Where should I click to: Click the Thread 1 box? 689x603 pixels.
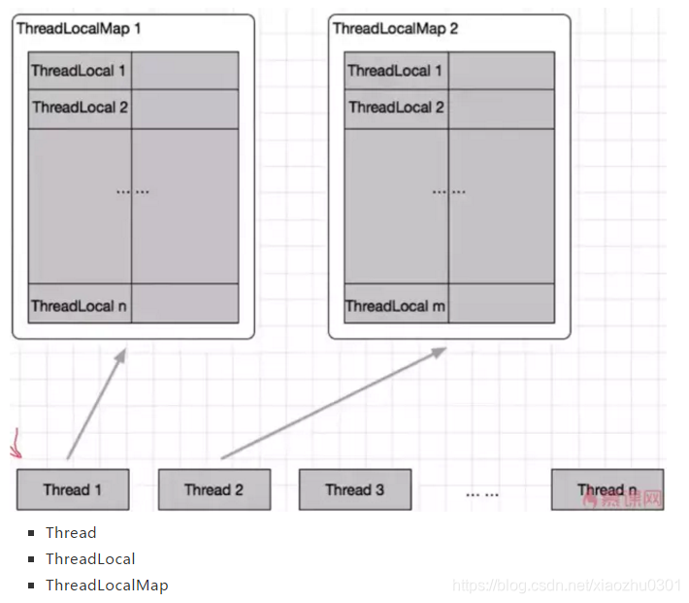73,489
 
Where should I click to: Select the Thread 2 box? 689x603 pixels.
213,489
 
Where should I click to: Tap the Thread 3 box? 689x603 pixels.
354,489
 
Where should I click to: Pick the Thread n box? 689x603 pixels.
607,489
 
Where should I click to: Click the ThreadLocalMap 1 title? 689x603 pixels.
79,28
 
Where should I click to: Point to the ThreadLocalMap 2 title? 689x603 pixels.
395,28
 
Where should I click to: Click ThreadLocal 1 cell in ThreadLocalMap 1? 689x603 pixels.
80,71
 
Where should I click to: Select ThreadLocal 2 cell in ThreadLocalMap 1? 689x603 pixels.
80,108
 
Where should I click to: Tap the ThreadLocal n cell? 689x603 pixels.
80,306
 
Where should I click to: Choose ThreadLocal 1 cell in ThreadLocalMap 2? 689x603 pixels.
396,71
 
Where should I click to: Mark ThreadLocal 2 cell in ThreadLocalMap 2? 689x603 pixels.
396,108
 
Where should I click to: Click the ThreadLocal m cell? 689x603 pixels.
396,306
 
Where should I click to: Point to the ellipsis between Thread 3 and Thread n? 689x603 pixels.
481,494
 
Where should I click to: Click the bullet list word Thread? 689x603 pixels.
71,532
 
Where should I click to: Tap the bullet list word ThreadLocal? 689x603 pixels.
90,558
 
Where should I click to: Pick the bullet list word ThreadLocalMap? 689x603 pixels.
107,585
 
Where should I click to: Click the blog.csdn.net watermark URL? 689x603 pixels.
568,586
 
